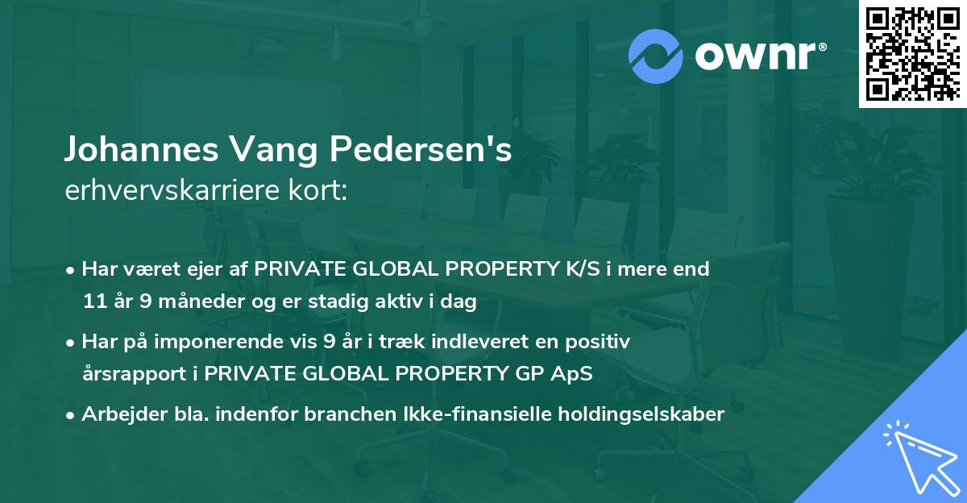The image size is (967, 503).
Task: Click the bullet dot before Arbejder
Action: click(72, 414)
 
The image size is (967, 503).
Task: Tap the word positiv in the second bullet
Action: click(600, 342)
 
